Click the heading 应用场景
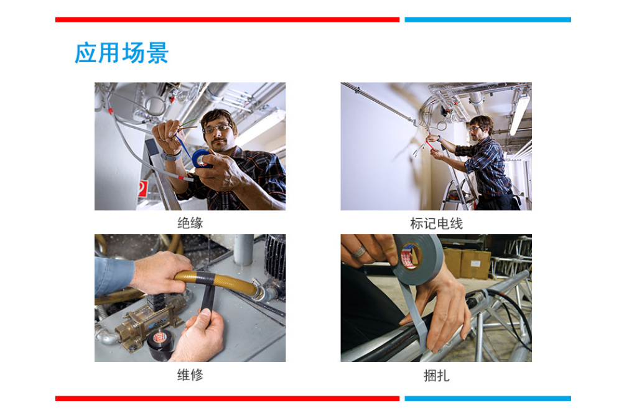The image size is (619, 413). click(121, 53)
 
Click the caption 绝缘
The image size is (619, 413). click(190, 223)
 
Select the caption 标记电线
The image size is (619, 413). click(436, 223)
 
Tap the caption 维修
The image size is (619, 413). click(190, 374)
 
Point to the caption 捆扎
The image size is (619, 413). click(436, 375)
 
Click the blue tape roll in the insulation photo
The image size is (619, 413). click(203, 159)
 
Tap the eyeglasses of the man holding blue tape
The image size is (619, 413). click(216, 128)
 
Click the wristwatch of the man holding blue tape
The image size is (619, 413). click(171, 156)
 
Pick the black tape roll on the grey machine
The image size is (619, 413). click(160, 345)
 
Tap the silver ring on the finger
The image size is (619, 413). click(360, 251)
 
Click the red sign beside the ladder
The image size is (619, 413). click(142, 188)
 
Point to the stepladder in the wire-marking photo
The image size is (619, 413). click(458, 185)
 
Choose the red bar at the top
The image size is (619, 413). click(228, 20)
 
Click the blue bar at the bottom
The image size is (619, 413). click(488, 399)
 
